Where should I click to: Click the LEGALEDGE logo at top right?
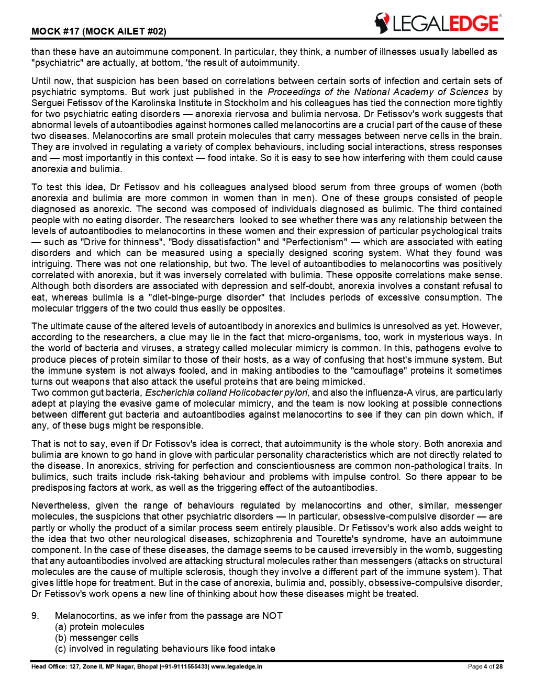438,24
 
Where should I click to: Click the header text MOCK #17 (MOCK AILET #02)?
98,31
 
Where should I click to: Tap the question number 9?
35,616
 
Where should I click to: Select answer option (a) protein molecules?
99,627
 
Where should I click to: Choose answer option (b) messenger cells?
97,638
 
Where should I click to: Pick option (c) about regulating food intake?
165,649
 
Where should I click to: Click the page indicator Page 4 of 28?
485,666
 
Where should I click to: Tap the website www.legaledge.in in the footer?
237,666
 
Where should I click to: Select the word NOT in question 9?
272,616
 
